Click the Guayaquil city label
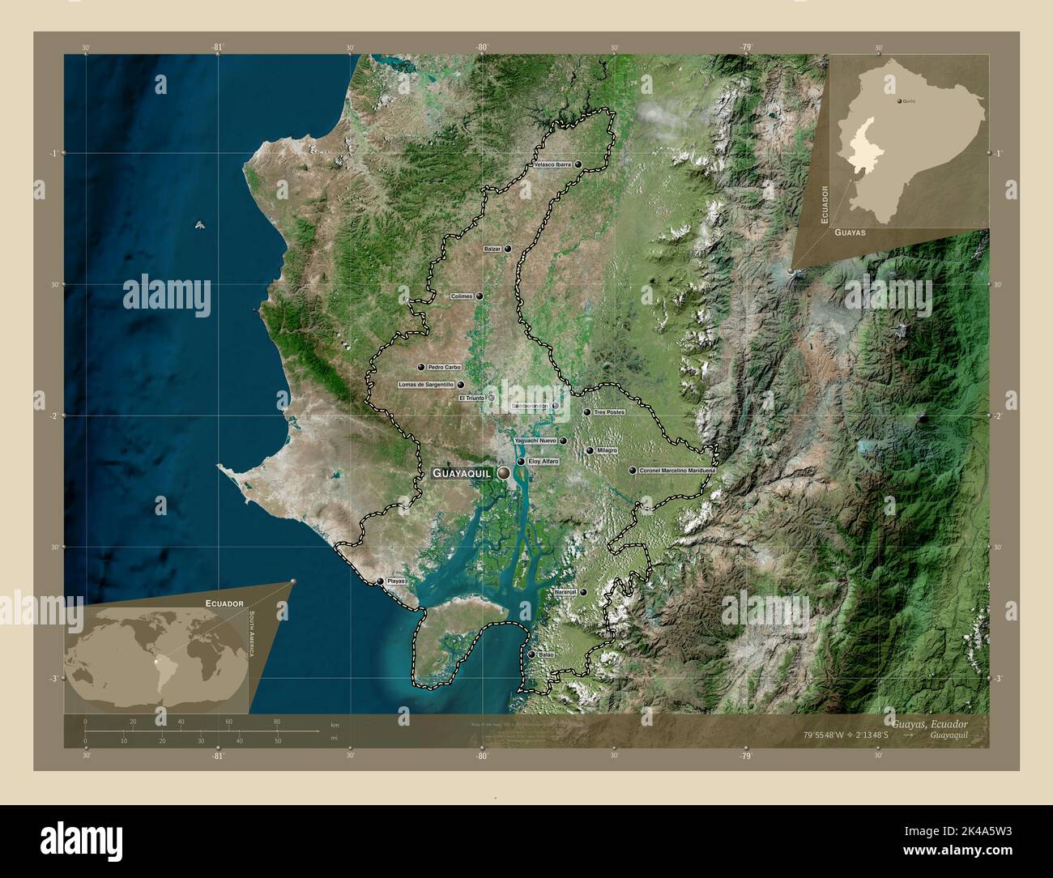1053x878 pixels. (462, 472)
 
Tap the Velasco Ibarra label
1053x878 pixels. (553, 164)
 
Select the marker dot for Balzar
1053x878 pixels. (508, 249)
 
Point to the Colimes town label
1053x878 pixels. (462, 296)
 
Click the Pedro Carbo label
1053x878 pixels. (444, 367)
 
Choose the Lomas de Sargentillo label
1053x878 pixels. (426, 385)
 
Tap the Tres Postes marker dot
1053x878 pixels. (587, 412)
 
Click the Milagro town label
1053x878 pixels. (607, 450)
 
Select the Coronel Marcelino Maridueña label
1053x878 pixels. (678, 470)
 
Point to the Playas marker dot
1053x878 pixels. (380, 582)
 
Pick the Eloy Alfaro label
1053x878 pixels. (544, 461)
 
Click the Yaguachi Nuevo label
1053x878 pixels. (535, 441)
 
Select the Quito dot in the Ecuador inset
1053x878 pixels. (900, 102)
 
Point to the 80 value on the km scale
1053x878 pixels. (277, 722)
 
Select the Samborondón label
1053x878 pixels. (531, 406)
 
